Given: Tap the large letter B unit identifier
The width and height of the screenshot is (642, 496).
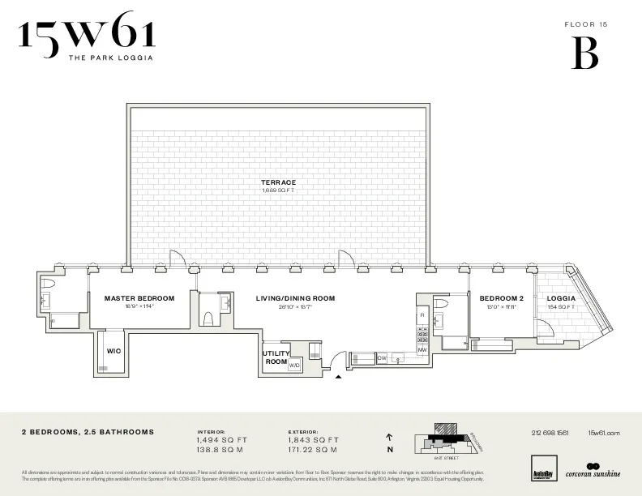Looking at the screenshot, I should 585,53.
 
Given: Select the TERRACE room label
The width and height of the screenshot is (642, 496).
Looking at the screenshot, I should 278,182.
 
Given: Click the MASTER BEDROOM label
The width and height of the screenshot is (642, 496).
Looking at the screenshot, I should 139,298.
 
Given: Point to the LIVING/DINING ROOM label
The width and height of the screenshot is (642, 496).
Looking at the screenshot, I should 295,298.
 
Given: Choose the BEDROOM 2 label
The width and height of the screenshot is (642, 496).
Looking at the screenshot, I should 502,298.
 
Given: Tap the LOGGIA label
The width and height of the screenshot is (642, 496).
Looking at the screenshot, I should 561,298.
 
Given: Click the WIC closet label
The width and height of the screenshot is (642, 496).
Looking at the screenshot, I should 113,352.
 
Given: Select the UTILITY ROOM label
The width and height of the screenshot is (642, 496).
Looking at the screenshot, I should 276,357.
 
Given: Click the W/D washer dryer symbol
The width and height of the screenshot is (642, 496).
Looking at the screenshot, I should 293,366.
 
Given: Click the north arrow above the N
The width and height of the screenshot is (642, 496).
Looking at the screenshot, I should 390,437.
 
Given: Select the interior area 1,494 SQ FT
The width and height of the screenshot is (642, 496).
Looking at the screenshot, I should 222,440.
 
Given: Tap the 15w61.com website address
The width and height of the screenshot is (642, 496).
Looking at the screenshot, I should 603,433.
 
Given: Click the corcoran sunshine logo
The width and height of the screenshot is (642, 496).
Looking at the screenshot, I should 593,471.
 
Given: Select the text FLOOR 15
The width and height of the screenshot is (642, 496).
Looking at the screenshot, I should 585,25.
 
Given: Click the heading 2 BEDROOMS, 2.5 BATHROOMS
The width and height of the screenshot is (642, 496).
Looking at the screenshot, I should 88,433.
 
